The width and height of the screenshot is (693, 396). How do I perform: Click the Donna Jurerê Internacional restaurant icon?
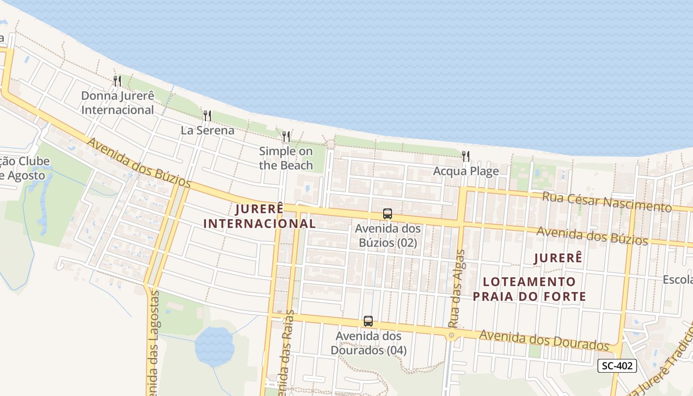click(x=117, y=81)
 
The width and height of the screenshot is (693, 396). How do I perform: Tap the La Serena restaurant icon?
click(x=207, y=116)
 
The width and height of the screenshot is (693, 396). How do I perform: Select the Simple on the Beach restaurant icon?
click(x=286, y=137)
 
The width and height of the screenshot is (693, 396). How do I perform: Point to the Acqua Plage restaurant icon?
click(x=466, y=156)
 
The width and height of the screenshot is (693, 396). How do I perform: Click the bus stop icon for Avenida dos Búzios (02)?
click(x=388, y=214)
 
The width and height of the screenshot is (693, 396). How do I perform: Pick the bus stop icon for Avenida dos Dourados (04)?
click(x=368, y=321)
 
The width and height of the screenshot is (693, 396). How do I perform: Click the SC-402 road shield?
click(x=617, y=366)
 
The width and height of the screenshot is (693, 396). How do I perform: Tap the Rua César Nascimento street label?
click(x=607, y=201)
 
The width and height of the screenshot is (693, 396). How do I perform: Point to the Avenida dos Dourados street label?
click(x=544, y=340)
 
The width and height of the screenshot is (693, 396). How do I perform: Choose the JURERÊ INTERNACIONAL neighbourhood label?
click(x=259, y=216)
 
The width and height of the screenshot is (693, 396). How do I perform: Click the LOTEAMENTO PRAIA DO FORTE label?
click(x=529, y=289)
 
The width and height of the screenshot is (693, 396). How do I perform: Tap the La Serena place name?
click(x=207, y=131)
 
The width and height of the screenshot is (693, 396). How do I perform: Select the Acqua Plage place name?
click(x=466, y=171)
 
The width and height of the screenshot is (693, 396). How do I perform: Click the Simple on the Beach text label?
click(x=286, y=158)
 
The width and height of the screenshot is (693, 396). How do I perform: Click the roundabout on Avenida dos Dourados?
click(x=451, y=336)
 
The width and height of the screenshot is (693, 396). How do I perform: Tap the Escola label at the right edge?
click(x=678, y=280)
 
